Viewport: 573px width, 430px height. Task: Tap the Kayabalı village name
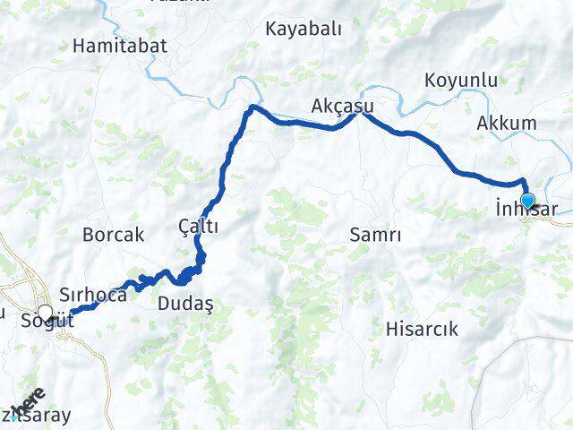pyautogui.click(x=304, y=29)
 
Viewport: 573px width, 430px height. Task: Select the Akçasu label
pyautogui.click(x=342, y=107)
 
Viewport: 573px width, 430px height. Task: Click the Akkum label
pyautogui.click(x=507, y=123)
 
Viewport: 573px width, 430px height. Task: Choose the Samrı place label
pyautogui.click(x=374, y=235)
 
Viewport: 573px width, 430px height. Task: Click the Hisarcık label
pyautogui.click(x=421, y=329)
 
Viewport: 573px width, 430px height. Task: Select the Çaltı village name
pyautogui.click(x=199, y=228)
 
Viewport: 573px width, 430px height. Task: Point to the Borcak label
pyautogui.click(x=113, y=236)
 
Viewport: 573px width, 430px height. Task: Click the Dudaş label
pyautogui.click(x=185, y=305)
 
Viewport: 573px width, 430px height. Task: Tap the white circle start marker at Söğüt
pyautogui.click(x=45, y=313)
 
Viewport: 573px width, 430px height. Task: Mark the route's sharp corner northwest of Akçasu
pyautogui.click(x=252, y=107)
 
